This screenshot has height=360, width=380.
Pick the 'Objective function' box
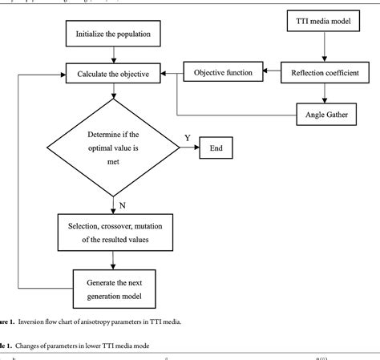[224, 73]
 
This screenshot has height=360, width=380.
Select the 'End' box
[216, 148]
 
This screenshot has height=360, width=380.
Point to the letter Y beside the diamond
[187, 138]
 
